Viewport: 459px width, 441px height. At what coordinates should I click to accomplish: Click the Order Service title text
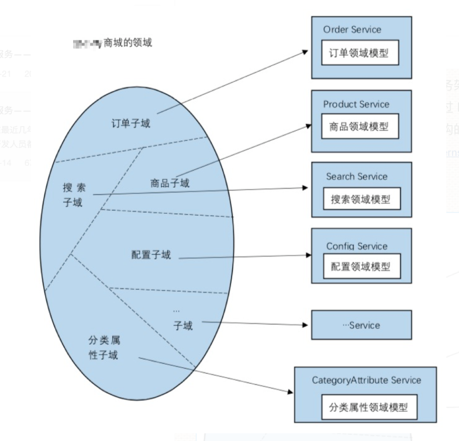351,29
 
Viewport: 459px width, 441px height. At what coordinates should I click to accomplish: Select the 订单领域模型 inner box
360,53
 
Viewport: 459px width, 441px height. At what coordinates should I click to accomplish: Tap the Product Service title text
356,104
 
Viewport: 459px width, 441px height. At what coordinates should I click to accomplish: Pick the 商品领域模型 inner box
360,126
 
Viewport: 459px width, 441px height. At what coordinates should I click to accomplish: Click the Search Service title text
356,176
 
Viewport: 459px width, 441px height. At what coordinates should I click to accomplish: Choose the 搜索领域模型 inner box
360,199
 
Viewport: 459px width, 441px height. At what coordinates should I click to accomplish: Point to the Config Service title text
357,246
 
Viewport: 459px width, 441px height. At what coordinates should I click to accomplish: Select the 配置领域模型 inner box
360,268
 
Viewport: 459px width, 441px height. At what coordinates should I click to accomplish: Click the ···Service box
361,325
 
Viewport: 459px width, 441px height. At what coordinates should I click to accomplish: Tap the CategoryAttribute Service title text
366,380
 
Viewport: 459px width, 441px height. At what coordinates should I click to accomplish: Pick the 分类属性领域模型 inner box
369,407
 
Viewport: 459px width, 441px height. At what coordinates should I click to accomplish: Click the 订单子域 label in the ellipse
131,123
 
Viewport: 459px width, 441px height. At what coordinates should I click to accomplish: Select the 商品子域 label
170,183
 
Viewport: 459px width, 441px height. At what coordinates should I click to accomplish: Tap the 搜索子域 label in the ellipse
74,195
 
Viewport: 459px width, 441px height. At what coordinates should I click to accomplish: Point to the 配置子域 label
151,255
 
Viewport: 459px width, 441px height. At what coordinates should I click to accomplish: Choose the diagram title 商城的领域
127,43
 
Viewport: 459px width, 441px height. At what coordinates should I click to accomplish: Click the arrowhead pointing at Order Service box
306,51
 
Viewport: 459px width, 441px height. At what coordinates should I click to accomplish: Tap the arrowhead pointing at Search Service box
306,188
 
